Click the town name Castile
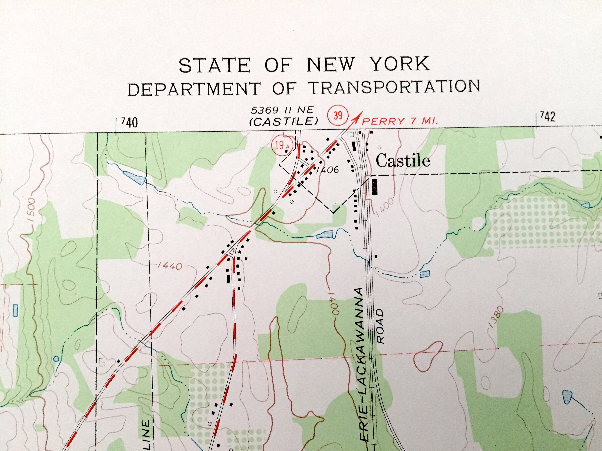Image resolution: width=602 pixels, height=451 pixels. pos(403,161)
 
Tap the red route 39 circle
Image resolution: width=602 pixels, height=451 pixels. pos(338,115)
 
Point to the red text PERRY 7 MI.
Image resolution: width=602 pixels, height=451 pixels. pos(400,121)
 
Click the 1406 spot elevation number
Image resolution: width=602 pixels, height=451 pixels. pos(327,170)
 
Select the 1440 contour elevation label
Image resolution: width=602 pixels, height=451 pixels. pos(170,266)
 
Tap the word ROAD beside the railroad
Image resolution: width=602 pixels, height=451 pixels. pos(380,326)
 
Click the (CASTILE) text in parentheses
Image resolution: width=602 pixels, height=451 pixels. pos(284,121)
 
